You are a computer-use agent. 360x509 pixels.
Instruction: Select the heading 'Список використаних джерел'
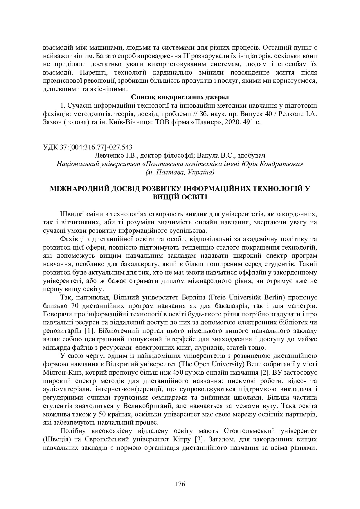[180, 97]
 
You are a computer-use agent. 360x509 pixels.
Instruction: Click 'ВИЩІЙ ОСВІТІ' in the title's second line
[180, 197]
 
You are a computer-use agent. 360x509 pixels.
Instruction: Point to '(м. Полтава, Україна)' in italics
[180, 172]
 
